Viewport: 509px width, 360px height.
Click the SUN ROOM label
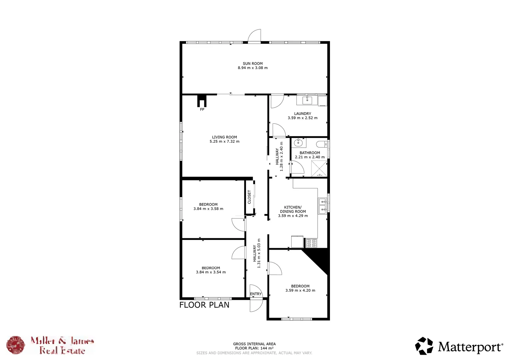coord(252,63)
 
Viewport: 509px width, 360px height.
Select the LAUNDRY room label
coord(302,114)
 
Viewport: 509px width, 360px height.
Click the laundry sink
coord(307,100)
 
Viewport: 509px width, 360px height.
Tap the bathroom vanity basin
coord(298,143)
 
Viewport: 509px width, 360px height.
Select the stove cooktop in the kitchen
coord(312,243)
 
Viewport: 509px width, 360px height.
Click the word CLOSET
coord(249,197)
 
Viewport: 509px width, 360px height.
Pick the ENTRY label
coord(256,294)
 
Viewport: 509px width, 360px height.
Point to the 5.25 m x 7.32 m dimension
coord(224,141)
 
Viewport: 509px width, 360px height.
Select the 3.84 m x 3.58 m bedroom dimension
coord(208,209)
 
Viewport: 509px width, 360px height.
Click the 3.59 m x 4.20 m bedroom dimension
coord(300,290)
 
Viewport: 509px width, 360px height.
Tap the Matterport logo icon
coord(424,346)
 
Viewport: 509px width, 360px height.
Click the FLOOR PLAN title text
coord(204,305)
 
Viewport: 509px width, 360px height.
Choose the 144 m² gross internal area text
coord(254,348)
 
